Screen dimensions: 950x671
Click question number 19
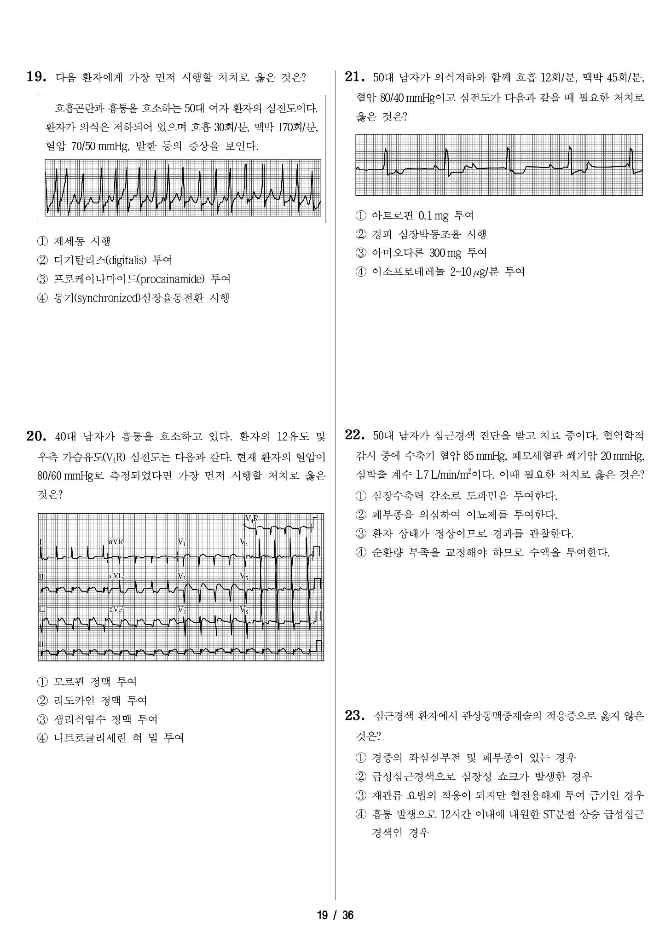[x=36, y=77]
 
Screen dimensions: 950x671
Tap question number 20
[x=36, y=436]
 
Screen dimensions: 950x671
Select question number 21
[x=354, y=77]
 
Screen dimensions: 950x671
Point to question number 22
[x=354, y=435]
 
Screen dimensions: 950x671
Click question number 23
[x=354, y=715]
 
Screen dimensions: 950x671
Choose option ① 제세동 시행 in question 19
[x=75, y=241]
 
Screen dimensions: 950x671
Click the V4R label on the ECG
[x=251, y=519]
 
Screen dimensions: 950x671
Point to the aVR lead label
[x=116, y=542]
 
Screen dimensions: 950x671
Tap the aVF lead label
[x=116, y=609]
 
